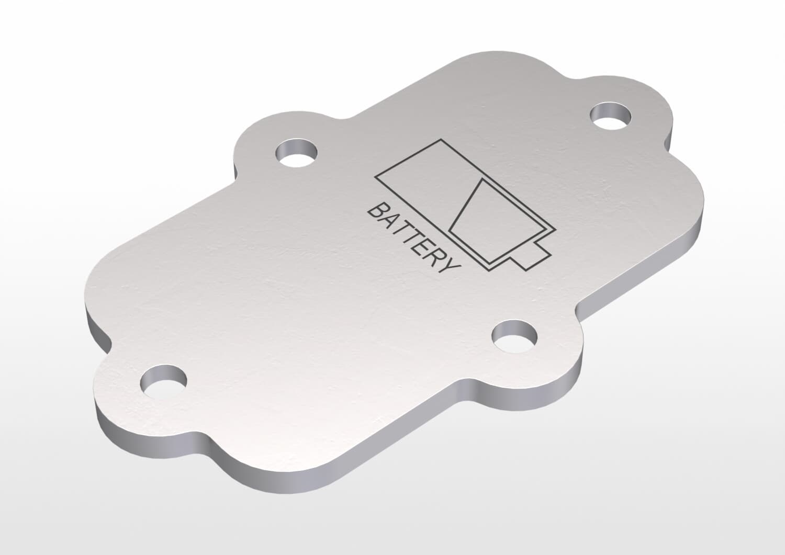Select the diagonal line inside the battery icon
tap(464, 206)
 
